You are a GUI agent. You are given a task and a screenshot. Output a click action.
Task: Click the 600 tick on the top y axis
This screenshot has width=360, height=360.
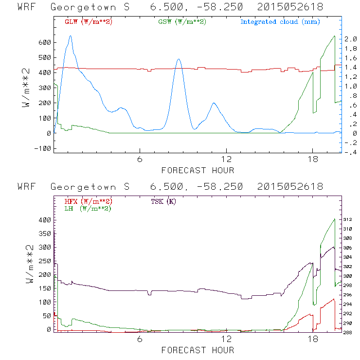(x=44, y=42)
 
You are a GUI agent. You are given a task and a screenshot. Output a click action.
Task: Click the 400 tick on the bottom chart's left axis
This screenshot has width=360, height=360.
(x=44, y=220)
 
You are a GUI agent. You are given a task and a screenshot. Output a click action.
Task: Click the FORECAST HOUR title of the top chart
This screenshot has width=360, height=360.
(x=198, y=170)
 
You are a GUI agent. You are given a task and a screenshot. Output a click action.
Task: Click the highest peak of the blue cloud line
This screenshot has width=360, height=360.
(x=71, y=36)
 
